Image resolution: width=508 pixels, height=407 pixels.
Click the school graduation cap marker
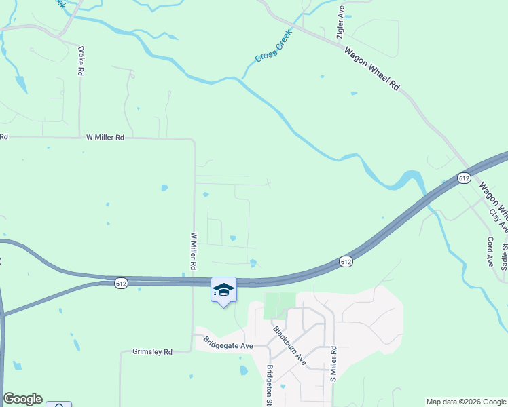(x=223, y=290)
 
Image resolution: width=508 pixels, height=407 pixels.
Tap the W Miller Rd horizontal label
(x=105, y=137)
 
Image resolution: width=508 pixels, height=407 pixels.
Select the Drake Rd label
(x=80, y=60)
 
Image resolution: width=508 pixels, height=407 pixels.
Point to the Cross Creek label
(x=274, y=46)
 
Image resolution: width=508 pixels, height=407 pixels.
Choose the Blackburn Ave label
(x=289, y=345)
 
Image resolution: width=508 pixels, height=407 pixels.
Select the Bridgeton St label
(x=270, y=385)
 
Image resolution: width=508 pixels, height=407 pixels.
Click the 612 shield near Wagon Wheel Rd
(x=464, y=178)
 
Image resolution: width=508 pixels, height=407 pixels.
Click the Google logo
(x=22, y=399)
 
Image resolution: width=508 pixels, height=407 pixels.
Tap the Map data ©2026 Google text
(x=465, y=402)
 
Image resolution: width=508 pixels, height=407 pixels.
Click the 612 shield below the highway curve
(x=346, y=261)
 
